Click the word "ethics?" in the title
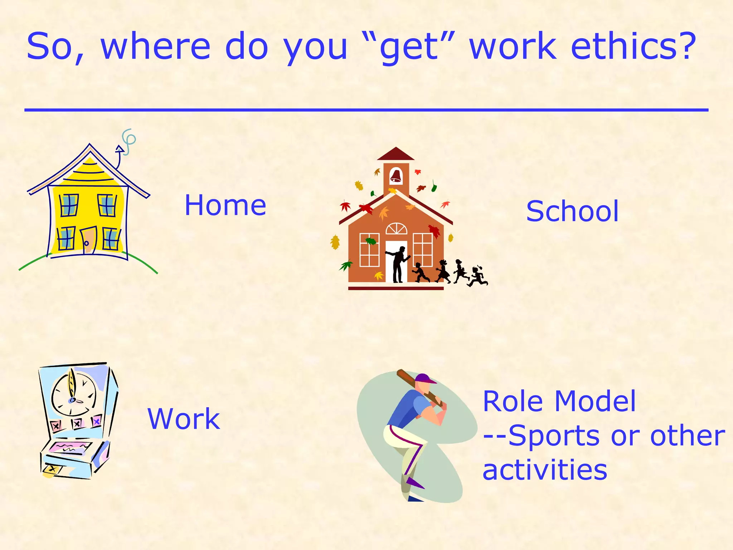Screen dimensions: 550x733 [x=634, y=47]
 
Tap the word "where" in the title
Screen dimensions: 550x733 [x=155, y=47]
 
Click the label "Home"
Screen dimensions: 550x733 [x=225, y=206]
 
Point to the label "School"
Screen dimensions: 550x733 [x=572, y=211]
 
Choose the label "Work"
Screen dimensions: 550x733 [x=184, y=419]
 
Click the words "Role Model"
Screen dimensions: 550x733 [x=559, y=401]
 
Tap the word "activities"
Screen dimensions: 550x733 [x=545, y=470]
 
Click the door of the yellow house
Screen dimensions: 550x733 [x=88, y=240]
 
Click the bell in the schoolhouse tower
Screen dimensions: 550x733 [x=395, y=175]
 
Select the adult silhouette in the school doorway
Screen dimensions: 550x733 [x=398, y=264]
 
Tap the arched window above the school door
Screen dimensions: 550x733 [x=396, y=229]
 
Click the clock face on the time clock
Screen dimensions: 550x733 [x=74, y=394]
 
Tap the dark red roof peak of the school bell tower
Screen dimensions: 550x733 [x=395, y=154]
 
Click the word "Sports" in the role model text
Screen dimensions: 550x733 [x=553, y=436]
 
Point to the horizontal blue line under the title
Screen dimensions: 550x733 [x=366, y=110]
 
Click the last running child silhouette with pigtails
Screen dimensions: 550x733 [x=477, y=276]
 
